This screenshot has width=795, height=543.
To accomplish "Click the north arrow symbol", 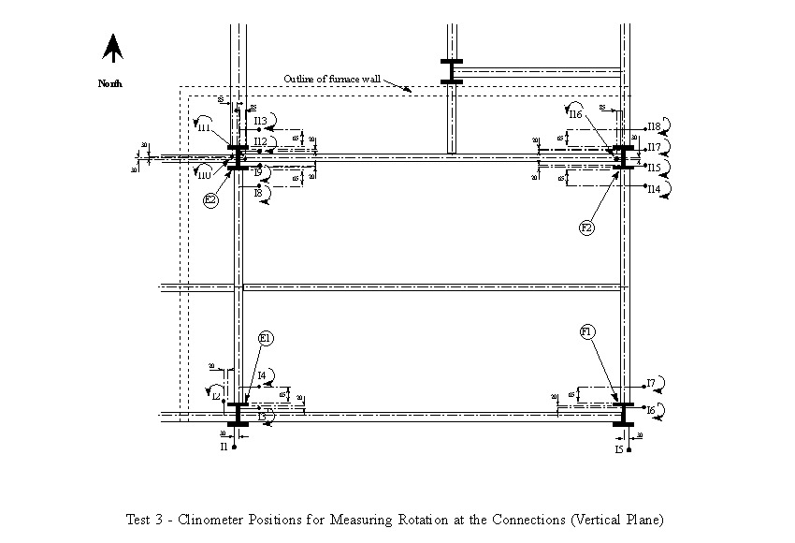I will coord(113,49).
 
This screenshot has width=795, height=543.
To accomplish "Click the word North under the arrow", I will coord(110,83).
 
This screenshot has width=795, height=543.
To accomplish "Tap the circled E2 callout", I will coord(211,199).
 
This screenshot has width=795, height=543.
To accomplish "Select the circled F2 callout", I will coord(587,227).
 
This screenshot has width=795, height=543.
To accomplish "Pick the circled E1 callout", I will coord(266,338).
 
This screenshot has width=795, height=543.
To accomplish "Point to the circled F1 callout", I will coord(587,331).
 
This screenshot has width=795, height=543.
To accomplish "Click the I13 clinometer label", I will coord(261,121).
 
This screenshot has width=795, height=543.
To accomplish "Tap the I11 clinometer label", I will coord(204,128).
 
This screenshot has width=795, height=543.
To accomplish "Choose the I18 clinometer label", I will coord(654,126).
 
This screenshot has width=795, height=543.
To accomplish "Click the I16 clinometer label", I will coord(575,114).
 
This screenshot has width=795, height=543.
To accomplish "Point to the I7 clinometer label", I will coord(651,383).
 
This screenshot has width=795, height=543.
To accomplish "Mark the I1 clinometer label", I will coord(224,448).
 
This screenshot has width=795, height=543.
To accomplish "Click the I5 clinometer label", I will coord(619,449).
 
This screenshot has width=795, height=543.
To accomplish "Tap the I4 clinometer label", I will coord(262,375).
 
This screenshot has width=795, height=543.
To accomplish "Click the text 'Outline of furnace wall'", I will coord(331,80).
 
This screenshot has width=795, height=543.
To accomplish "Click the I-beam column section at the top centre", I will coord(451,71).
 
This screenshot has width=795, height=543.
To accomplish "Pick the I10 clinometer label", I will coord(204,174).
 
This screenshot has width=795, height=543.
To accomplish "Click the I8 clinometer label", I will coord(258,193).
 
